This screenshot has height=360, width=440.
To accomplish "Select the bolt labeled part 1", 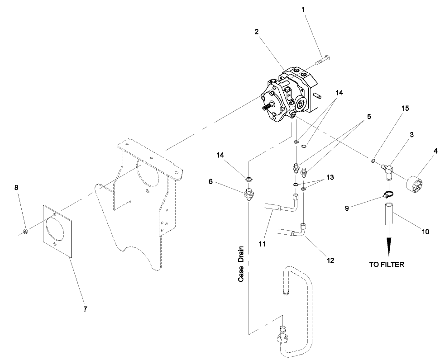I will pyautogui.click(x=322, y=61).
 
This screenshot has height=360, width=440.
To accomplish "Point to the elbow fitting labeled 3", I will pyautogui.click(x=385, y=167).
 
